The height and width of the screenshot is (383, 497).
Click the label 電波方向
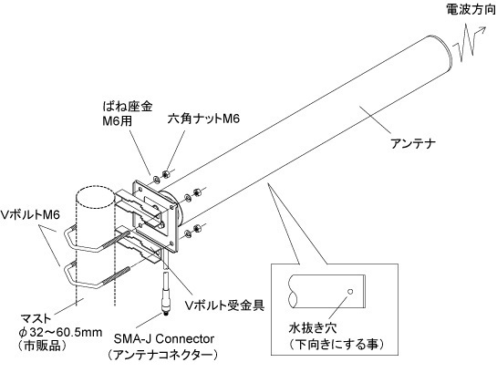(x=471, y=9)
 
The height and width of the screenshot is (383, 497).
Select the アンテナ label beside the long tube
(x=413, y=144)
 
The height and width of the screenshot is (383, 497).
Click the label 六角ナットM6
(x=203, y=119)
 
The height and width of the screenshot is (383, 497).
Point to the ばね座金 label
(x=128, y=106)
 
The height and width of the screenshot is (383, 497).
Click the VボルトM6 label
(x=30, y=215)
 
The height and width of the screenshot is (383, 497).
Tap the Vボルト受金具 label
(x=224, y=305)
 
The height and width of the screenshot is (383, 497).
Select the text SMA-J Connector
(x=164, y=339)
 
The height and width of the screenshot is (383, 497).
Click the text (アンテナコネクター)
(x=162, y=355)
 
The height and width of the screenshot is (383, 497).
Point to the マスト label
(x=36, y=317)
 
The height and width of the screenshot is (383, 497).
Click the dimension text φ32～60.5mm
(x=60, y=332)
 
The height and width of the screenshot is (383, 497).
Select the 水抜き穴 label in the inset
(x=313, y=328)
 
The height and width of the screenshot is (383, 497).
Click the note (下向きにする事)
(x=337, y=344)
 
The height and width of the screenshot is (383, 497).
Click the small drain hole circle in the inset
(x=350, y=292)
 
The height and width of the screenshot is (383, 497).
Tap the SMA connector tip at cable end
(x=165, y=313)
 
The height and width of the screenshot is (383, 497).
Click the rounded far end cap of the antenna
(x=444, y=51)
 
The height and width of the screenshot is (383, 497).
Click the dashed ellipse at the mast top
(x=95, y=194)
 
